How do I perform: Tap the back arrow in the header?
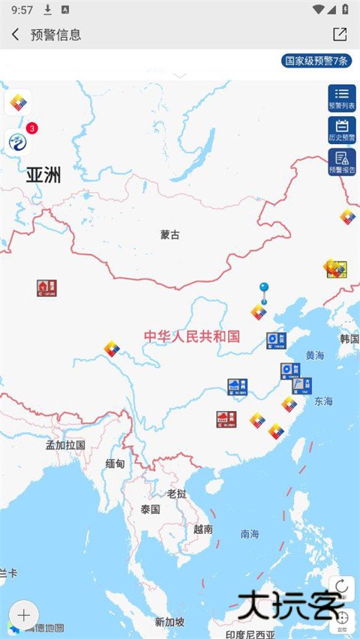[x=16, y=34]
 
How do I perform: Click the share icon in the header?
[x=340, y=34]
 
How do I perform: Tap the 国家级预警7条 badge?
[x=316, y=61]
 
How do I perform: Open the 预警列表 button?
[x=342, y=98]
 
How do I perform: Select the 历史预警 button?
[x=342, y=130]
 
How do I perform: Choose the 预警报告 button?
[x=342, y=162]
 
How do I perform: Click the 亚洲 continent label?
[x=43, y=175]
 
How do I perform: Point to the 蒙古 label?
[x=170, y=235]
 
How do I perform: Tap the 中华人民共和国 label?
[x=192, y=336]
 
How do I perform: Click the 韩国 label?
[x=349, y=338]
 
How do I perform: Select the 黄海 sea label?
[x=315, y=355]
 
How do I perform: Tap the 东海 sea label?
[x=324, y=401]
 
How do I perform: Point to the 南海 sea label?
[x=250, y=534]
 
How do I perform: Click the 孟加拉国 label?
[x=65, y=445]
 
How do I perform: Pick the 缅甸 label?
[x=115, y=463]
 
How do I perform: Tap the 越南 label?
[x=202, y=529]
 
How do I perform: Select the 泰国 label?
[x=150, y=509]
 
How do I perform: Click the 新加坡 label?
[x=169, y=622]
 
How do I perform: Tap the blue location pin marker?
[x=264, y=288]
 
